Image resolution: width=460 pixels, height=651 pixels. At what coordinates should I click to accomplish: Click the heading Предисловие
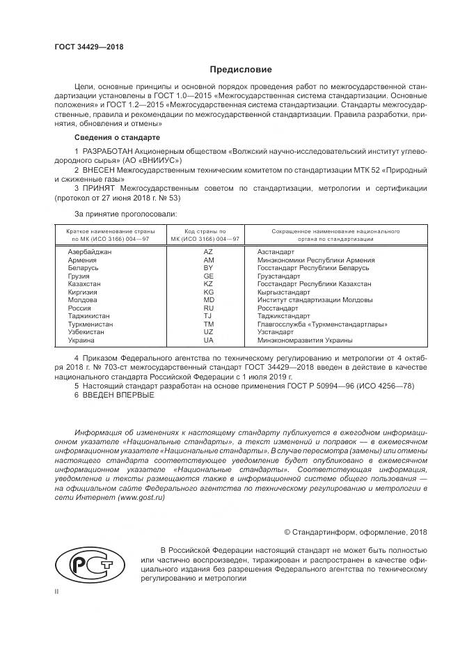pos(241,70)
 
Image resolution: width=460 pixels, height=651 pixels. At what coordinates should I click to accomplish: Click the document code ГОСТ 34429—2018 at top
pos(85,47)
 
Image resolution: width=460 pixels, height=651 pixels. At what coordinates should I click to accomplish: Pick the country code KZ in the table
pos(208,284)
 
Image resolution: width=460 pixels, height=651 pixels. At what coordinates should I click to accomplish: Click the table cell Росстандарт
pos(278,308)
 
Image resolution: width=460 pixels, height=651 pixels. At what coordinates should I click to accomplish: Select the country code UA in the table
pos(208,340)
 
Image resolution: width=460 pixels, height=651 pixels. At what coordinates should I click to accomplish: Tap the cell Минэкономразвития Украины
pos(305,340)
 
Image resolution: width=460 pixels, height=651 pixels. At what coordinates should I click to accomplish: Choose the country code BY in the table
pos(208,268)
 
